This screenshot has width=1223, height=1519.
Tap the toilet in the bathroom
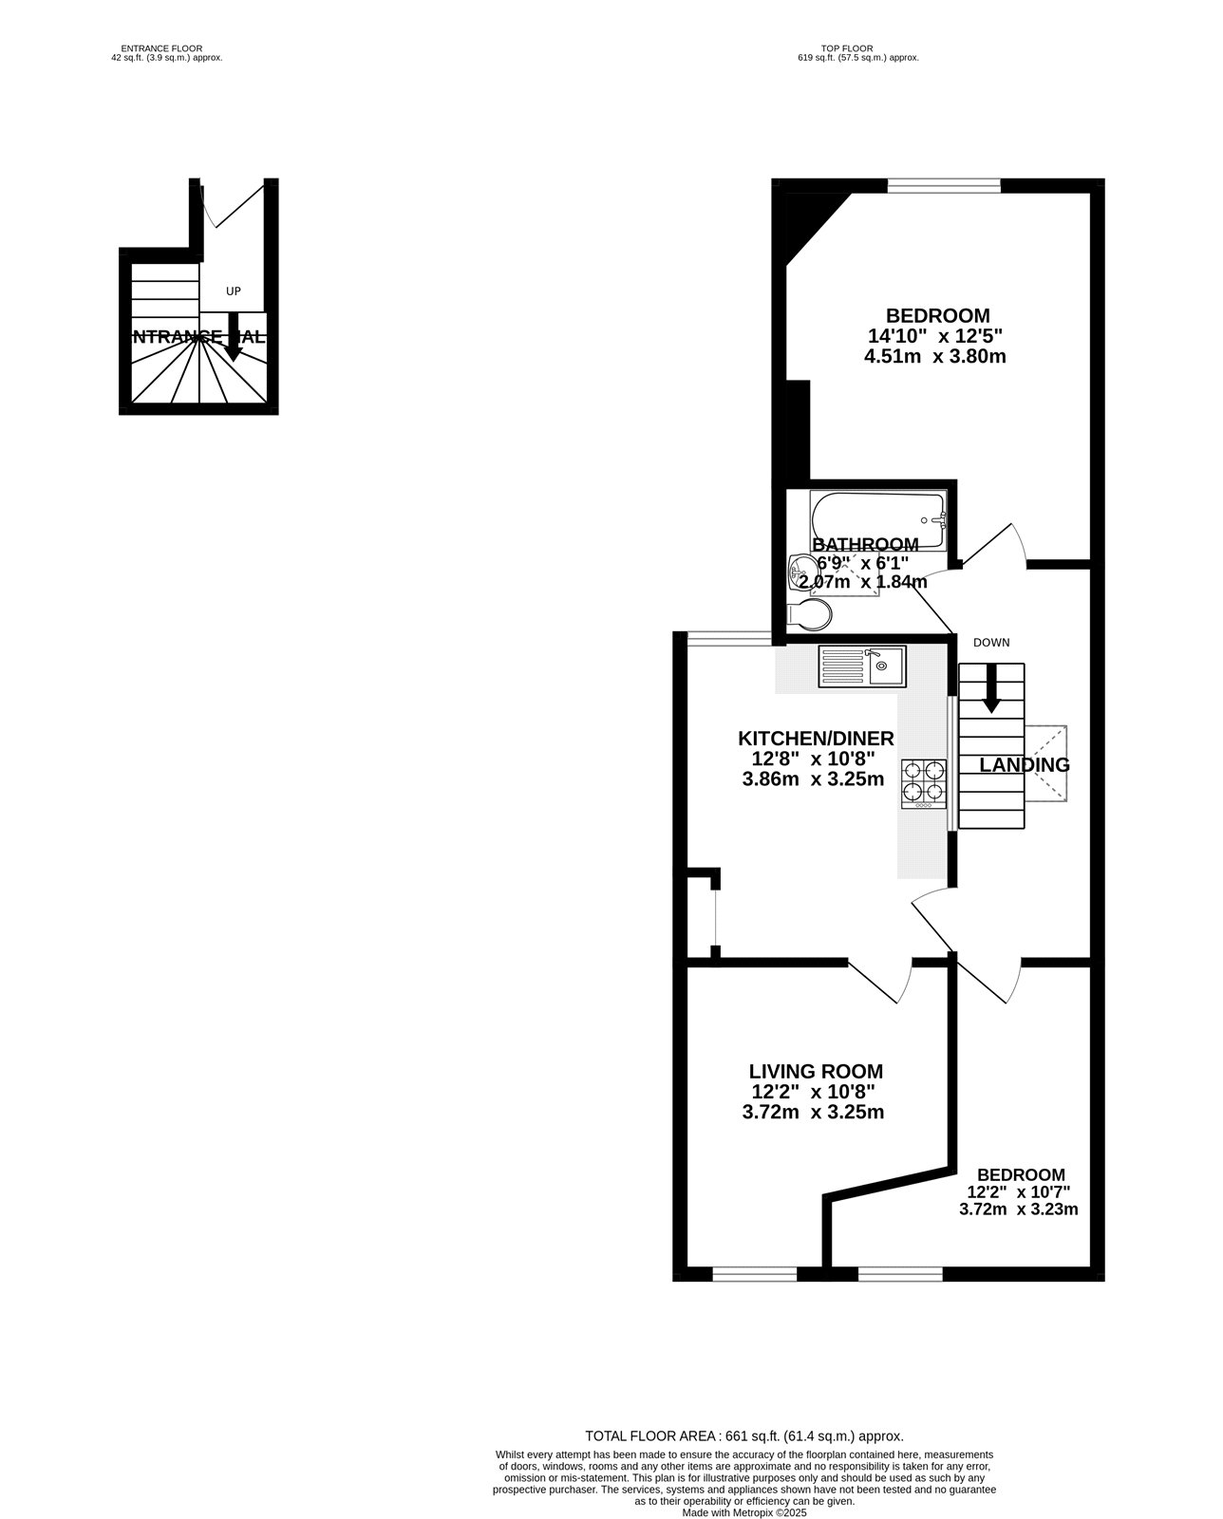click(x=810, y=615)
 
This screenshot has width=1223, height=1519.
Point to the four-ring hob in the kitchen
click(x=925, y=782)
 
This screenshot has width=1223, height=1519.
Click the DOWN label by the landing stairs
click(x=990, y=643)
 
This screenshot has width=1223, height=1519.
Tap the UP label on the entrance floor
click(x=233, y=291)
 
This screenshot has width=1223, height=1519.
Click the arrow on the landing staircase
click(x=991, y=690)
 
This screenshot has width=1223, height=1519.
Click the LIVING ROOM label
click(x=816, y=1072)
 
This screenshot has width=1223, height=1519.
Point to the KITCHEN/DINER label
click(x=816, y=739)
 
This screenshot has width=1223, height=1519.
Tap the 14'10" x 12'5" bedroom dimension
click(x=935, y=336)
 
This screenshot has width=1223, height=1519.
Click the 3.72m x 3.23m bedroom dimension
click(x=1019, y=1210)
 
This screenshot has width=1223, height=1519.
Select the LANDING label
click(x=1025, y=765)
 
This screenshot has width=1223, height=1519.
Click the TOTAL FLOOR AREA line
click(x=743, y=1436)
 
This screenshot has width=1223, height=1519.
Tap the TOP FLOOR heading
click(x=848, y=48)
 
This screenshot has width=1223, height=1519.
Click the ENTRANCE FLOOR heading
click(x=161, y=48)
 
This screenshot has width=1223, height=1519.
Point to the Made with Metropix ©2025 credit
click(x=743, y=1512)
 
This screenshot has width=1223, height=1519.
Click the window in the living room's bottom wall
click(x=755, y=1273)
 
